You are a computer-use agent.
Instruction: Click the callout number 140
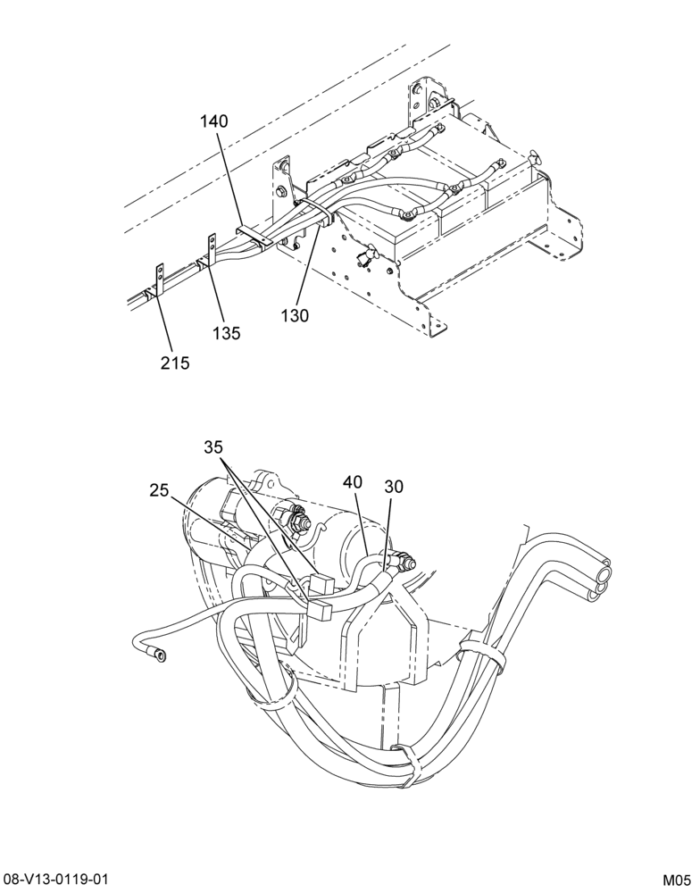pyautogui.click(x=213, y=121)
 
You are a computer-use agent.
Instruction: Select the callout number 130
pyautogui.click(x=295, y=315)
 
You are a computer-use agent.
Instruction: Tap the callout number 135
pyautogui.click(x=227, y=332)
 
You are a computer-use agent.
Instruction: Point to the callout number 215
pyautogui.click(x=174, y=363)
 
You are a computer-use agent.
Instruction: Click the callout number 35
pyautogui.click(x=213, y=447)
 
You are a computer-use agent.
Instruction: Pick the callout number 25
pyautogui.click(x=160, y=489)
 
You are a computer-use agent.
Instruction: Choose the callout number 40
pyautogui.click(x=353, y=482)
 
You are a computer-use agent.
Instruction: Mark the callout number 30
pyautogui.click(x=394, y=486)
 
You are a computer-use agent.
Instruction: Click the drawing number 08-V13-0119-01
pyautogui.click(x=56, y=878)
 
